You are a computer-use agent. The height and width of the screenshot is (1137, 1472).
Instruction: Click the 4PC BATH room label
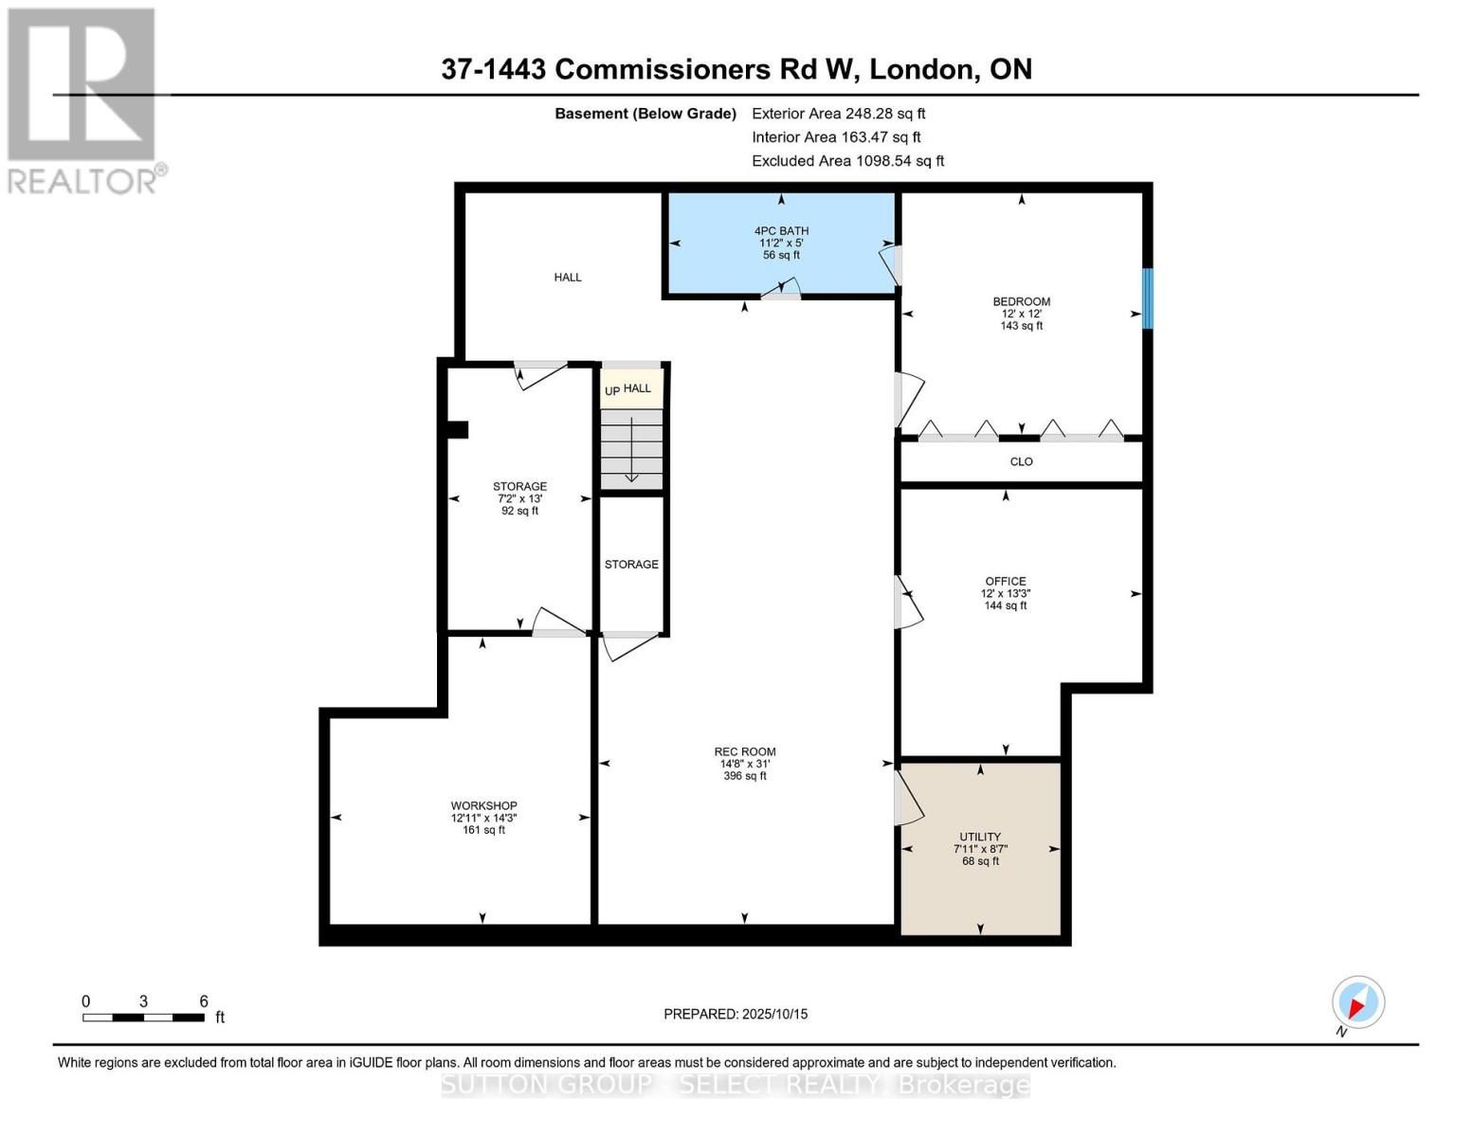[781, 231]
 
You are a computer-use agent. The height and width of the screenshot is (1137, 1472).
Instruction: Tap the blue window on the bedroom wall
[1147, 298]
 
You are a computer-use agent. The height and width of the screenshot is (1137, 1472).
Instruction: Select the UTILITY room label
[980, 837]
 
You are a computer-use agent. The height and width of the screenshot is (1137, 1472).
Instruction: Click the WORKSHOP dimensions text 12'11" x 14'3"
[483, 818]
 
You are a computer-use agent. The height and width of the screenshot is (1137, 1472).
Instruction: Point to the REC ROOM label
[745, 751]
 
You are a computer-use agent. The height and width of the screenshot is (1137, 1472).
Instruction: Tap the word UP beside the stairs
[612, 390]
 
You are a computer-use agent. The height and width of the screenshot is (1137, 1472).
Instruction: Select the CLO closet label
[1021, 461]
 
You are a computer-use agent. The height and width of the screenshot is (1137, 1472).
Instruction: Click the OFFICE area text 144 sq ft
[1006, 605]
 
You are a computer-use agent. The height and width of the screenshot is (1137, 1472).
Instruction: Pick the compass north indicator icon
[1357, 1002]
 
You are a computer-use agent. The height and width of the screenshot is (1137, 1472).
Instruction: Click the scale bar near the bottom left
[143, 1017]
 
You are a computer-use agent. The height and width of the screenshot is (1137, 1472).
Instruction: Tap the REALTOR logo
[83, 99]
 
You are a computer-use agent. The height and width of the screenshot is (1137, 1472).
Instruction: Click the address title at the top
[736, 69]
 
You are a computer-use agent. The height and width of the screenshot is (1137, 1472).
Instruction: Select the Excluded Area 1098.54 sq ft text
[847, 161]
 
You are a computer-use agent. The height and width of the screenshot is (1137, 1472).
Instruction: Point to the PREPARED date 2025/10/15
[736, 1014]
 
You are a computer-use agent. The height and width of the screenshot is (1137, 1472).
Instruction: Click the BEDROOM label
[1021, 301]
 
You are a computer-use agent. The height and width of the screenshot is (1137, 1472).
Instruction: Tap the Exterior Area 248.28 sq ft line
[838, 113]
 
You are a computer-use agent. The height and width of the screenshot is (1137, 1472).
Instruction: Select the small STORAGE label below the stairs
[631, 564]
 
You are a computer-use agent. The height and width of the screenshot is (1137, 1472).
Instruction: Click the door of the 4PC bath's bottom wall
[783, 290]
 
